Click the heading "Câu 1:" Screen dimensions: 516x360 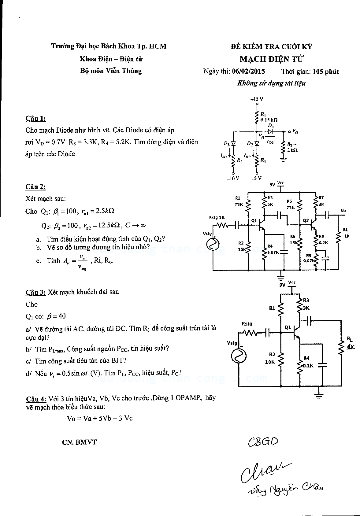[35, 119]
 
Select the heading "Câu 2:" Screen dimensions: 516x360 [35, 187]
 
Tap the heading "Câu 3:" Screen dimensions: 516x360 [35, 292]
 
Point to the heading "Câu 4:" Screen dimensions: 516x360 [36, 399]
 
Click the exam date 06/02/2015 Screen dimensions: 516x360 [248, 72]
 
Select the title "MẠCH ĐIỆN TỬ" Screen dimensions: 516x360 [272, 59]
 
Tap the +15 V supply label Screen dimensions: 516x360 [257, 99]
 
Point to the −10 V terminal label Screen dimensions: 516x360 [233, 179]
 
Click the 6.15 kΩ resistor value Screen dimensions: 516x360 [269, 120]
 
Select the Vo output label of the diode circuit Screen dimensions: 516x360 [295, 131]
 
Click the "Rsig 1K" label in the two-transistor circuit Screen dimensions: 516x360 [217, 218]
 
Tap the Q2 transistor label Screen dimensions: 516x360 [306, 220]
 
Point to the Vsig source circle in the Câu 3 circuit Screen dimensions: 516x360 [239, 356]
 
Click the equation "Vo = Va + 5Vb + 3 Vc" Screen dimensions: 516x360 [100, 418]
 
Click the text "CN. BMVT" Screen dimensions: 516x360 [79, 442]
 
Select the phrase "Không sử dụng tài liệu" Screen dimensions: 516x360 [271, 83]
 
